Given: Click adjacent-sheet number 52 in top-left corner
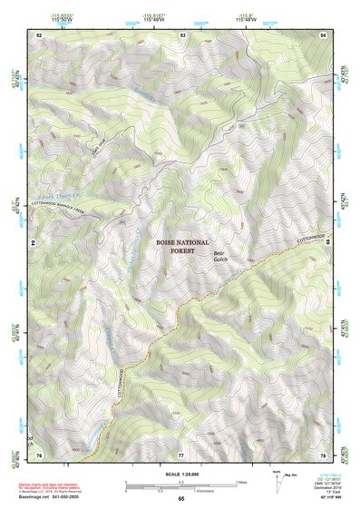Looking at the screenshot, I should (39, 34).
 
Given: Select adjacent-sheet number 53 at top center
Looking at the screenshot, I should (182, 34).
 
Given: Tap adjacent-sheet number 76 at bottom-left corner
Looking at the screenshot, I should (39, 454).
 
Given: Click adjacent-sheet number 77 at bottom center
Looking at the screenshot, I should (181, 454).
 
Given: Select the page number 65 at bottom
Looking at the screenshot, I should (181, 499).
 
